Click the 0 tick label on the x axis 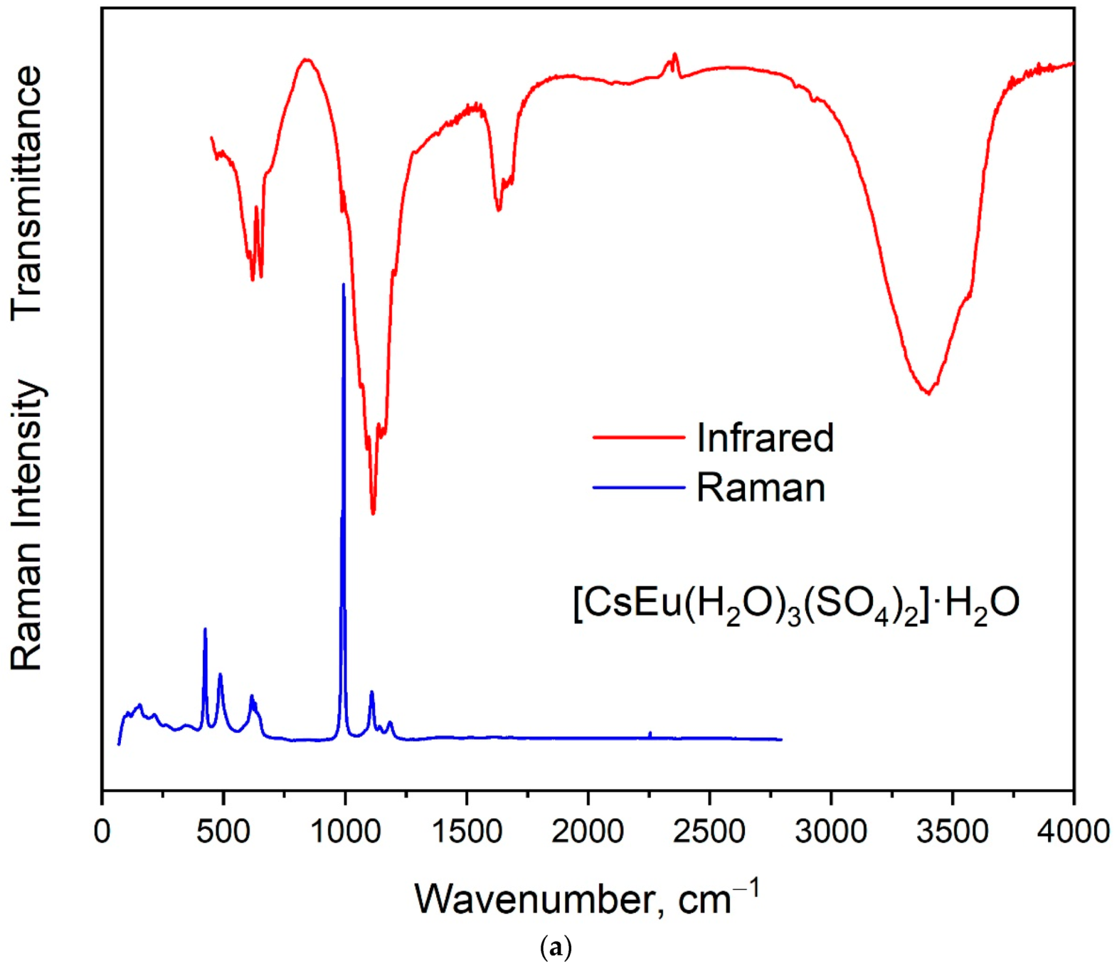tap(102, 831)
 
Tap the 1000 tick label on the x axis tap(345, 831)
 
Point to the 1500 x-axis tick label tap(466, 831)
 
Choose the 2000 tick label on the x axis tap(588, 831)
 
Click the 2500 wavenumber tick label tap(709, 831)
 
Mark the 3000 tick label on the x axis tap(831, 831)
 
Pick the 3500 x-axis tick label tap(952, 831)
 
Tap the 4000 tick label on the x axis tap(1074, 831)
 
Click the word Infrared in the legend tap(765, 437)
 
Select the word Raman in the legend tap(760, 488)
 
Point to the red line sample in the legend tap(638, 437)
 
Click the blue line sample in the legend tap(638, 487)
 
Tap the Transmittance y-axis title tap(27, 192)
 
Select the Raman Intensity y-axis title tap(27, 525)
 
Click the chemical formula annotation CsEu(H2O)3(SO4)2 tap(796, 604)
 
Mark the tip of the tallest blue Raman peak tap(344, 284)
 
